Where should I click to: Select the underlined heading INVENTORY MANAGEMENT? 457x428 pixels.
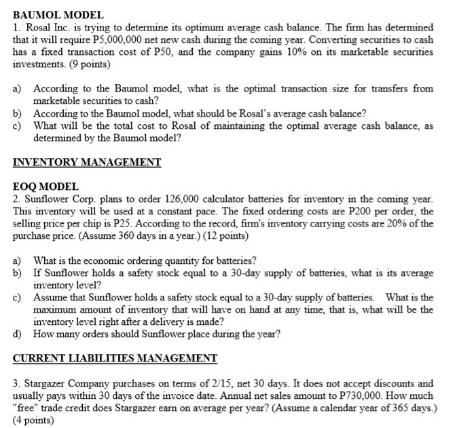pyautogui.click(x=87, y=162)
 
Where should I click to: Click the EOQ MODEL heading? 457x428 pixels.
pyautogui.click(x=46, y=186)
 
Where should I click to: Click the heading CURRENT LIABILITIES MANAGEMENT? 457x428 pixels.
pyautogui.click(x=115, y=358)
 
